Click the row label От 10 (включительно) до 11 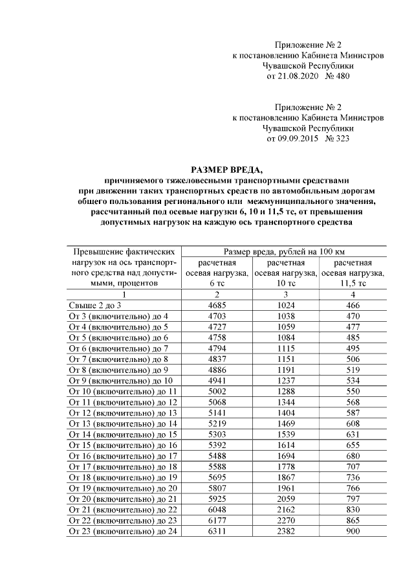pyautogui.click(x=122, y=392)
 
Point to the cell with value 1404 pyautogui.click(x=285, y=413)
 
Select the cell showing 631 pyautogui.click(x=353, y=434)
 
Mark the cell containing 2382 pyautogui.click(x=285, y=531)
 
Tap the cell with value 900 pyautogui.click(x=353, y=531)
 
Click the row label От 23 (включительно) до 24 pyautogui.click(x=122, y=531)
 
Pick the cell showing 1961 pyautogui.click(x=285, y=488)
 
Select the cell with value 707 pyautogui.click(x=353, y=467)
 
